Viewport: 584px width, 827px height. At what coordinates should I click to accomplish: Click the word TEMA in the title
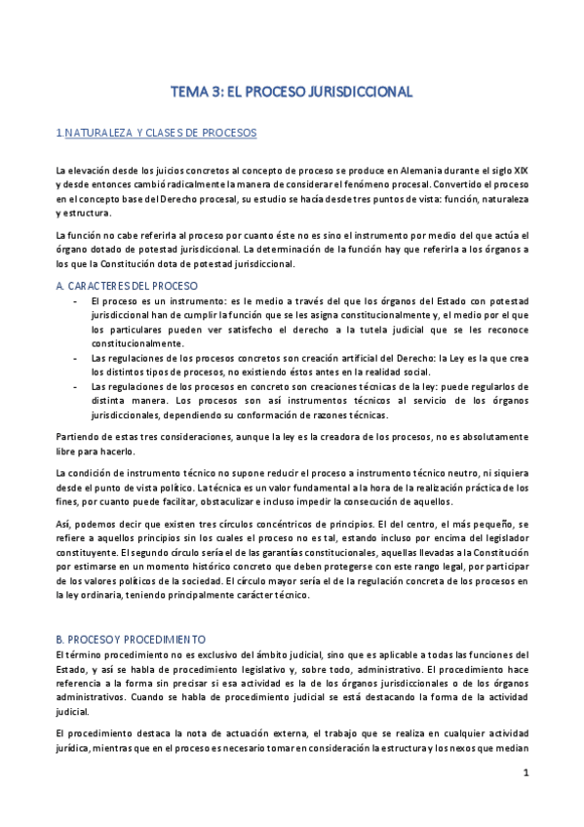click(189, 92)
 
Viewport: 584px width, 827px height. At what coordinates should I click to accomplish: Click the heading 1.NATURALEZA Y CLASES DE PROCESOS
click(156, 133)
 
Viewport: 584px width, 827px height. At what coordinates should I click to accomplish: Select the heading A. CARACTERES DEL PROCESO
click(128, 286)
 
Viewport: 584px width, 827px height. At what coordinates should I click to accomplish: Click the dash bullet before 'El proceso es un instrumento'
click(76, 302)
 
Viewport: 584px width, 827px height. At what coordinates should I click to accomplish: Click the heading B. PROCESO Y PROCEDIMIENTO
click(131, 638)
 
